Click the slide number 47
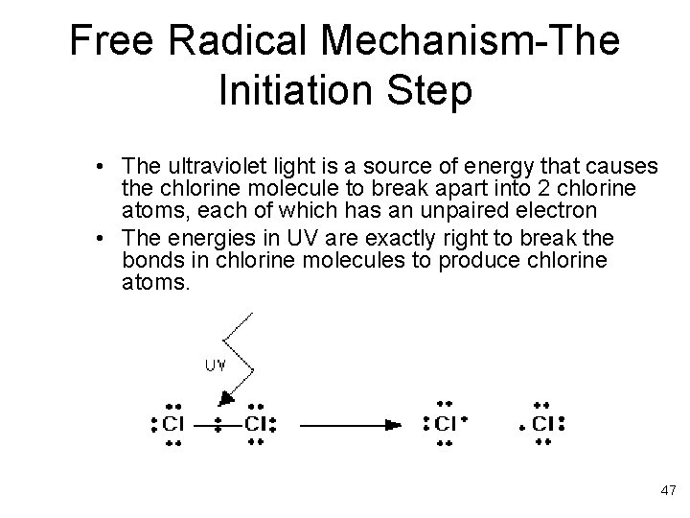click(x=668, y=490)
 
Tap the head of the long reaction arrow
click(x=393, y=423)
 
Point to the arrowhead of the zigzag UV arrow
click(x=226, y=397)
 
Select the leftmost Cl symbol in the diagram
click(x=173, y=424)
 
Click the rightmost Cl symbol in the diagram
click(x=542, y=424)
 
